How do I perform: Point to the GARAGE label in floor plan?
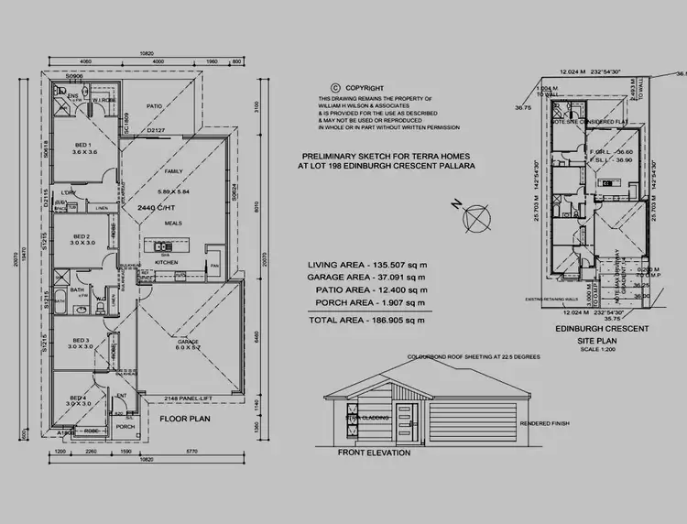[175, 341]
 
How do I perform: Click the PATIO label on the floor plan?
[155, 105]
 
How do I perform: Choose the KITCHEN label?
[166, 262]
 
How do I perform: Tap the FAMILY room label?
[173, 172]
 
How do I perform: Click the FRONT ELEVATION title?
[374, 453]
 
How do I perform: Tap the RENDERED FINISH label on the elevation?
[544, 423]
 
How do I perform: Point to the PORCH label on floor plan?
[125, 426]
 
